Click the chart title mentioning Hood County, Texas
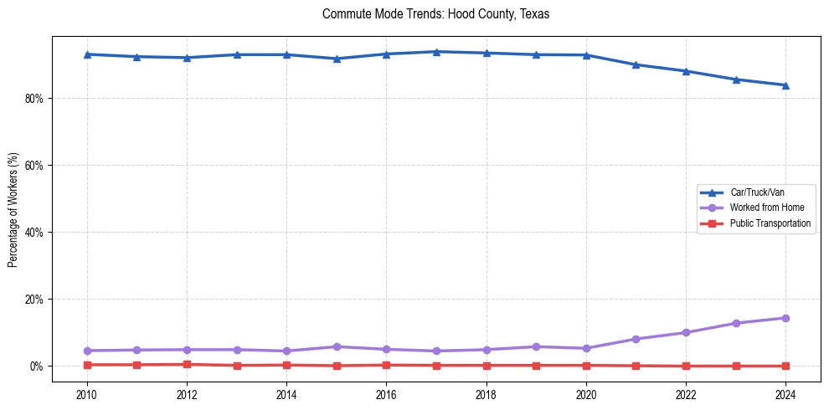tap(435, 14)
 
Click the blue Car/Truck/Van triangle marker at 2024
tap(785, 85)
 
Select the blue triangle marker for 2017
tap(436, 52)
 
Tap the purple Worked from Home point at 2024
tap(785, 318)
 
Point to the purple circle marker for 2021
tap(636, 339)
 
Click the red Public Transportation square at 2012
tap(187, 364)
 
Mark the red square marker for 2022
tap(686, 366)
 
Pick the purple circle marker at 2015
tap(337, 346)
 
